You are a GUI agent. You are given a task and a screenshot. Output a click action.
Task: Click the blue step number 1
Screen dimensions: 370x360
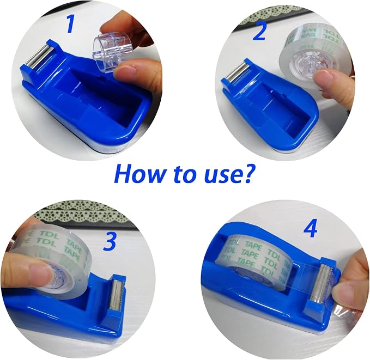point(70,23)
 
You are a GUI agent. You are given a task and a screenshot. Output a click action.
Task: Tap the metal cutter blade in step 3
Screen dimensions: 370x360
point(116,295)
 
